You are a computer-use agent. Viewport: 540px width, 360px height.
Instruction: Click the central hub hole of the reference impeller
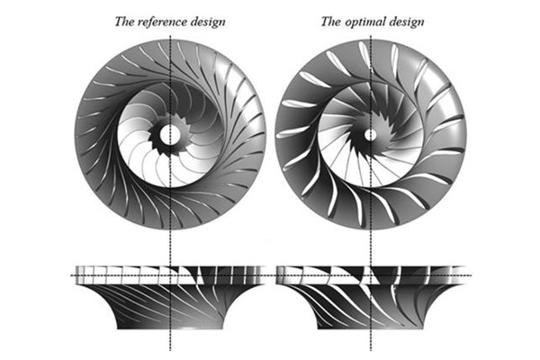[168, 136]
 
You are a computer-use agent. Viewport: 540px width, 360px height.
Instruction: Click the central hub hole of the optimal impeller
[370, 134]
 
